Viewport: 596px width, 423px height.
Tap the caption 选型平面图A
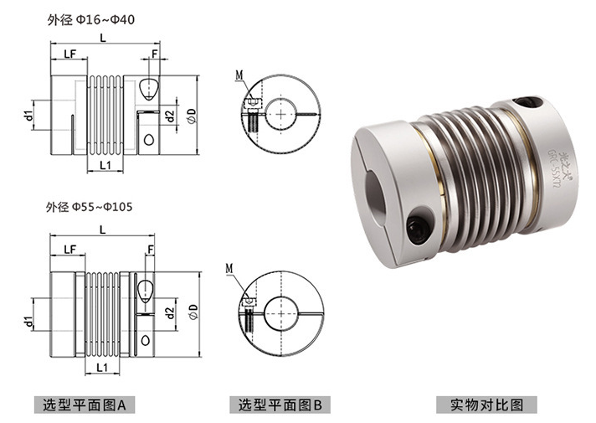pyautogui.click(x=83, y=405)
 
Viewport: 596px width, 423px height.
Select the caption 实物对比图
pyautogui.click(x=486, y=405)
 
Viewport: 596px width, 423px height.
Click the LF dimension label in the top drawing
pyautogui.click(x=69, y=54)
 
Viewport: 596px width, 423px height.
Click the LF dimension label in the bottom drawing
pyautogui.click(x=69, y=249)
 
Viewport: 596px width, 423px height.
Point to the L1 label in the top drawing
pyautogui.click(x=105, y=166)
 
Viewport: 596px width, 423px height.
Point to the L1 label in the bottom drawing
pyautogui.click(x=102, y=367)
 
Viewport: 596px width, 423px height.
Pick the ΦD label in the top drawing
pyautogui.click(x=192, y=114)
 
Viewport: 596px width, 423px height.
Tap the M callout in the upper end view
pyautogui.click(x=239, y=75)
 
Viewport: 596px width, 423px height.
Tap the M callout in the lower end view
pyautogui.click(x=229, y=269)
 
